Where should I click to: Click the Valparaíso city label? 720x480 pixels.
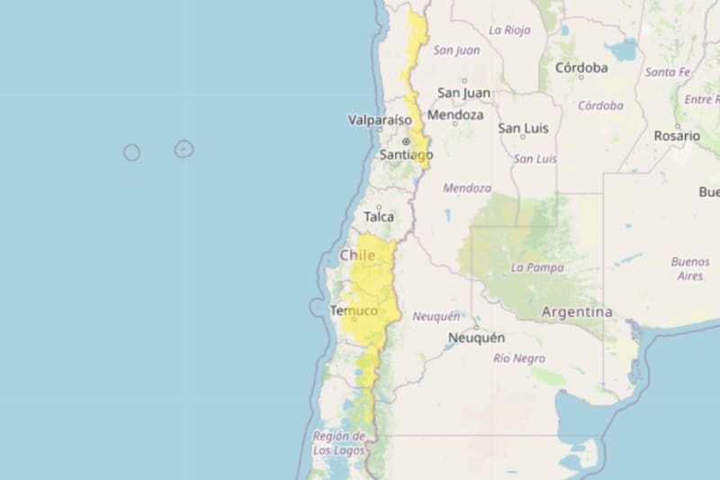(380, 120)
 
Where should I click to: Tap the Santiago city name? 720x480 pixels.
(406, 155)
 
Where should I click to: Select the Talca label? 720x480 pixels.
(379, 217)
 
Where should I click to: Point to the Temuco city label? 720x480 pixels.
(354, 311)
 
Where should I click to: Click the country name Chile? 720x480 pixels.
(357, 256)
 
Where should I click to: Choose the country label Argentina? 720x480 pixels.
(577, 312)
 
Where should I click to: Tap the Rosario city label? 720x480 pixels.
(677, 136)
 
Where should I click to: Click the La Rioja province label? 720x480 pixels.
(509, 30)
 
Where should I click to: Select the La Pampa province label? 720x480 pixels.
(537, 267)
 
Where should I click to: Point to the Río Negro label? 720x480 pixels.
(519, 358)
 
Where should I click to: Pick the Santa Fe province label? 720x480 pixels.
(668, 72)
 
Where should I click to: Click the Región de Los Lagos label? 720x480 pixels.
(339, 443)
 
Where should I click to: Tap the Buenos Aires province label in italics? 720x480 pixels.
(690, 268)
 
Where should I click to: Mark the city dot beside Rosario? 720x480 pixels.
(677, 125)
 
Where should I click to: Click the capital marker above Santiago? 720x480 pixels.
(406, 141)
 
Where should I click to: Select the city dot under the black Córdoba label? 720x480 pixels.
(580, 77)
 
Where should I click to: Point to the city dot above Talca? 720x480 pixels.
(378, 207)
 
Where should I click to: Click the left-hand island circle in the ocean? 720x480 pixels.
(131, 152)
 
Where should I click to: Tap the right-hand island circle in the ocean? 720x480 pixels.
(184, 149)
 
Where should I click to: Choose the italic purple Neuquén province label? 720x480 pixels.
(436, 316)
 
